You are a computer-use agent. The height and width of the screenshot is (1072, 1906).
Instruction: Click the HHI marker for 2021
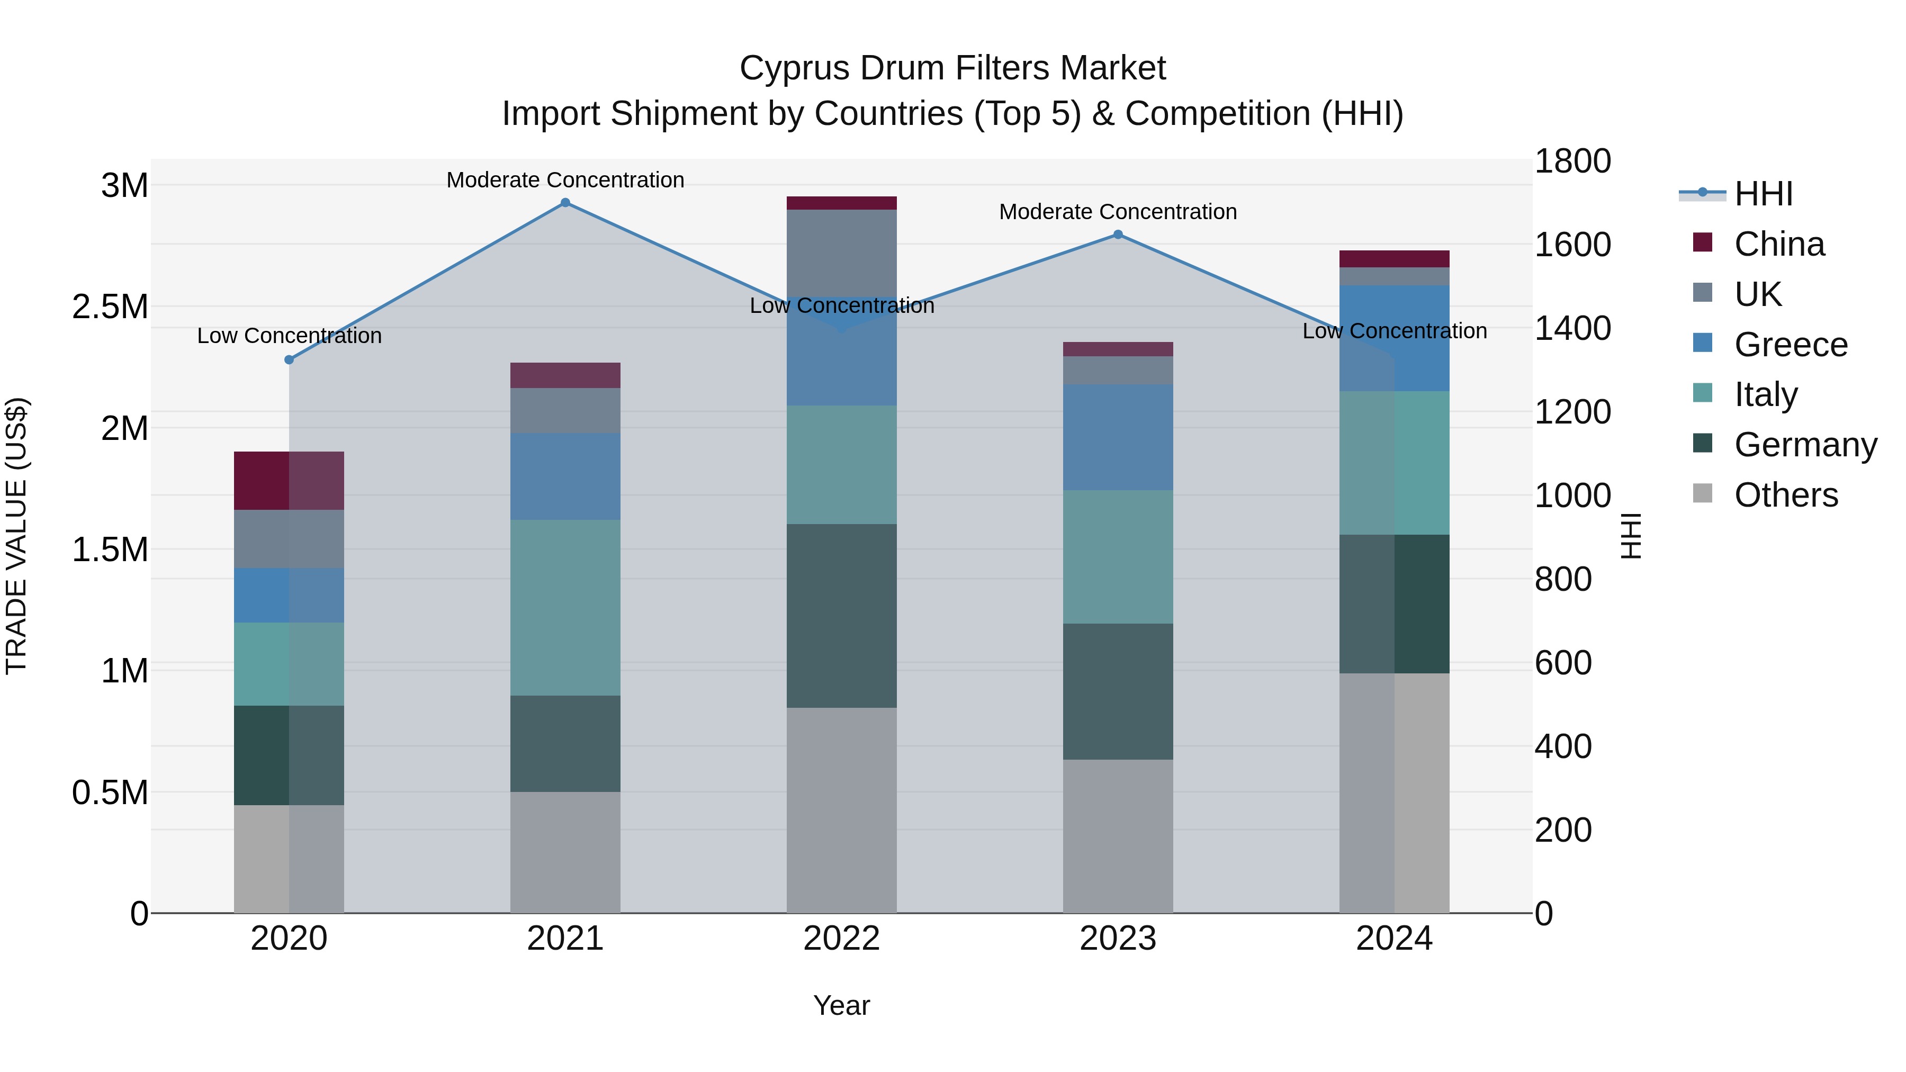pos(565,203)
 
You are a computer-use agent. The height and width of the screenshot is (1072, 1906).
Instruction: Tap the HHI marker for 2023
pos(1118,235)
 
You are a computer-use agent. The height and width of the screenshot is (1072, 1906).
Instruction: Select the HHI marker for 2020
pos(289,359)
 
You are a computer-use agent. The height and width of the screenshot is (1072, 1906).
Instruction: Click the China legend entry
pos(1779,244)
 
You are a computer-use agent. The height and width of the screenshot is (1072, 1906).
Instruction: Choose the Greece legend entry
pos(1791,345)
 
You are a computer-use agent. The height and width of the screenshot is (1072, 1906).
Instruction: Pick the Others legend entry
pos(1785,495)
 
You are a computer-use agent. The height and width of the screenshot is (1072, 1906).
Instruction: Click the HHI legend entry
pos(1763,194)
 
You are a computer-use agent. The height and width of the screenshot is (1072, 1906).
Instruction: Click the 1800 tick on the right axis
pos(1572,161)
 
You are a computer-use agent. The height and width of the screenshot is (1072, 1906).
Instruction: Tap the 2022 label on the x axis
pos(841,939)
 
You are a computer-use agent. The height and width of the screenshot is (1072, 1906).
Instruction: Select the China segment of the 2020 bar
pos(289,480)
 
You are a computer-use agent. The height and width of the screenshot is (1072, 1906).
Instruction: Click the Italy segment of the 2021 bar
pos(565,607)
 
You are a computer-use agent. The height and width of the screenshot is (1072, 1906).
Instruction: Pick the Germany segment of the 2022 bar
pos(841,616)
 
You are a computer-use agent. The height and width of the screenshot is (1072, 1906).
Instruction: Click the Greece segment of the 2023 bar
pos(1118,437)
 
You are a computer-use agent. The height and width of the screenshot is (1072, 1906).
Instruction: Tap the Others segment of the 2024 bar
pos(1394,792)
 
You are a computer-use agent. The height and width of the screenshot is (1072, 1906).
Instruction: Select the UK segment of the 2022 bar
pos(841,253)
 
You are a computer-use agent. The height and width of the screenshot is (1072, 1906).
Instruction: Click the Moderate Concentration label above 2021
pos(565,180)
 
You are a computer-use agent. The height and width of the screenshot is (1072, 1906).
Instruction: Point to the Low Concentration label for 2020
pos(289,336)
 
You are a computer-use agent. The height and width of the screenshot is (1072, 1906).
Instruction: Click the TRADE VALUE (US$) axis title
pos(16,536)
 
